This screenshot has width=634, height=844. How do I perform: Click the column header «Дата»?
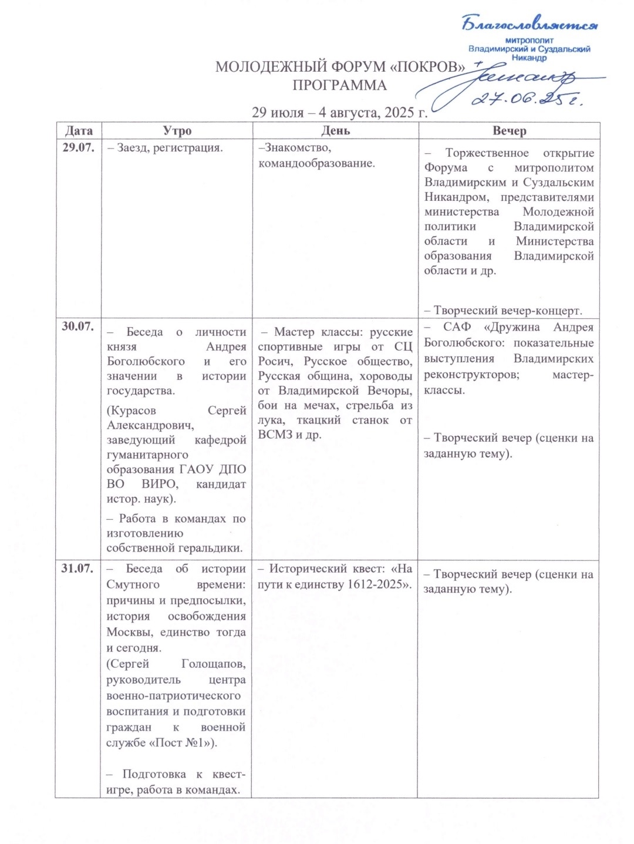(79, 130)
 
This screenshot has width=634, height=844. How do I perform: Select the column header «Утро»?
(177, 130)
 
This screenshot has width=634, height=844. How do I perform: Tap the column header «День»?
(336, 130)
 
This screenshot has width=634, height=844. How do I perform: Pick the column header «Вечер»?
(509, 130)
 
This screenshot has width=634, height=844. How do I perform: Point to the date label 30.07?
(78, 326)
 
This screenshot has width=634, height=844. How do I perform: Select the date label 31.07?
(77, 568)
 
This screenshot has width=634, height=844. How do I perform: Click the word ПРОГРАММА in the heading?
(339, 86)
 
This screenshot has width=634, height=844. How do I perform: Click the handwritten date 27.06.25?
(527, 99)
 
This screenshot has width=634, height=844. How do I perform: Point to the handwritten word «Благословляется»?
(530, 25)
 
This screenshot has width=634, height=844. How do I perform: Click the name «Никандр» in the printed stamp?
(529, 58)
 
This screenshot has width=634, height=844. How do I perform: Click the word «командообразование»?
(316, 163)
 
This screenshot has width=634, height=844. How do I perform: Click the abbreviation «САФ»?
(457, 327)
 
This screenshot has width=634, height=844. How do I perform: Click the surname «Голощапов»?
(214, 664)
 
